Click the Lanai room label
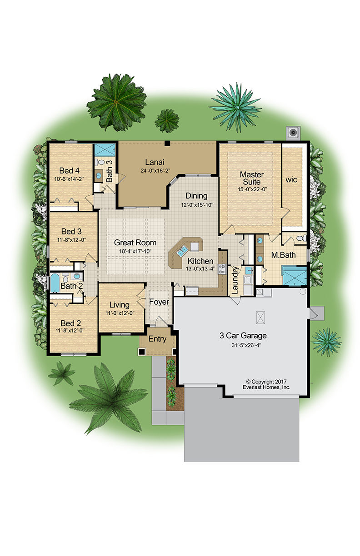click(155, 162)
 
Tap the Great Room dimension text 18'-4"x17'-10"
click(135, 252)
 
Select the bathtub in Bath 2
click(55, 283)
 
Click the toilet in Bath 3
click(101, 162)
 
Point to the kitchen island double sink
click(182, 251)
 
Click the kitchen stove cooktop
click(222, 269)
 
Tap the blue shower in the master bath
click(295, 276)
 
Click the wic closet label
click(291, 179)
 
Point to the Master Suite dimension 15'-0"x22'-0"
click(252, 189)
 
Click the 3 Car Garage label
click(243, 336)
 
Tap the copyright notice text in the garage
click(266, 384)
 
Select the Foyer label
click(159, 302)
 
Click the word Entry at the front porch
click(157, 339)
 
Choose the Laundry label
click(235, 280)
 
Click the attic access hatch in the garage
click(260, 317)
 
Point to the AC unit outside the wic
click(293, 133)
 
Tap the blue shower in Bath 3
click(105, 149)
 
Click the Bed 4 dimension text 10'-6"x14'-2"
click(69, 179)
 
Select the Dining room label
click(196, 196)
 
